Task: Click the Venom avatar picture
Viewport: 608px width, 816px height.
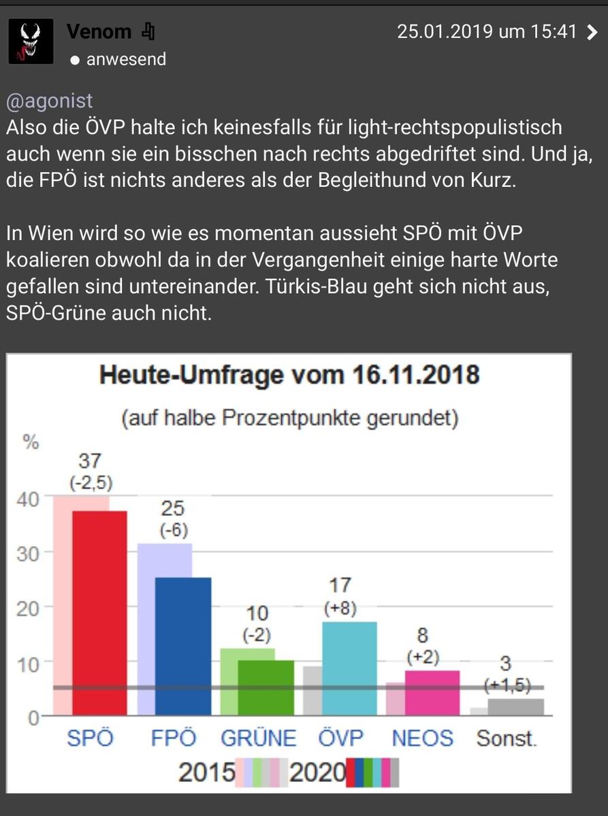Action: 31,41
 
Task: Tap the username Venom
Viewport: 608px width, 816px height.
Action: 99,31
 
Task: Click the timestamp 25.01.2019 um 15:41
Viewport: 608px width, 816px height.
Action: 487,32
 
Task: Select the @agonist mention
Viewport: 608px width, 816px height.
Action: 49,101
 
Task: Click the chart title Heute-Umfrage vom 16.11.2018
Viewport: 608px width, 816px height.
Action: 289,375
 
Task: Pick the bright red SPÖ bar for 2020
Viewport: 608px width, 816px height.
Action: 99,612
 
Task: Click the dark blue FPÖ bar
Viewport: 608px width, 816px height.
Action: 183,646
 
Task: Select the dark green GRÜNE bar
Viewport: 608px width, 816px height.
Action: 266,687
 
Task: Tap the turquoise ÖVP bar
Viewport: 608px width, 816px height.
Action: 349,668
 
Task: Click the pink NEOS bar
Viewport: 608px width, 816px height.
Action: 432,692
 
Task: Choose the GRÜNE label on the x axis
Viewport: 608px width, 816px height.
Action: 259,738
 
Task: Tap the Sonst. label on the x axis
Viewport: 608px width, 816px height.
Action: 507,738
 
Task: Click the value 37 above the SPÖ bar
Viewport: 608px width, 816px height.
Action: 90,461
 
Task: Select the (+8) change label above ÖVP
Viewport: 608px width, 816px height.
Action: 340,609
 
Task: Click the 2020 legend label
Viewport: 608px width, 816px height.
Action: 317,773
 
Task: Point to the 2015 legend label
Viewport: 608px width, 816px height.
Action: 206,773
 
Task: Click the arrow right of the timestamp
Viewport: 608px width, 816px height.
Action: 592,32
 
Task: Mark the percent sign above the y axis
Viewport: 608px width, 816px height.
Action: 31,443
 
